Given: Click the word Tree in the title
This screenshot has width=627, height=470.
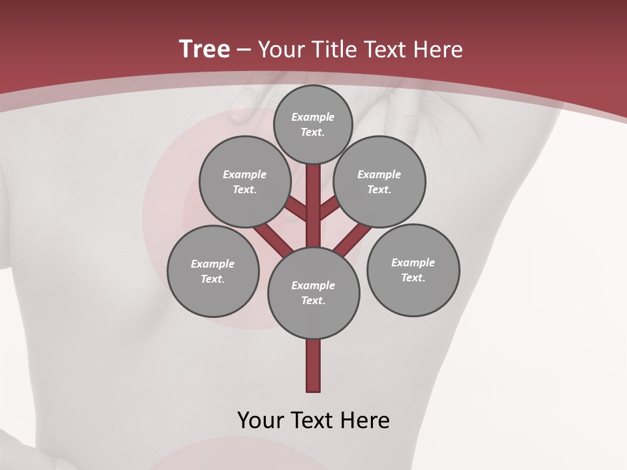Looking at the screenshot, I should (x=204, y=50).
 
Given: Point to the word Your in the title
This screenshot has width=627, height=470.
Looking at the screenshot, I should (x=279, y=50).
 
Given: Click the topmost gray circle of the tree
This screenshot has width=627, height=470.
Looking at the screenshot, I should (x=313, y=124).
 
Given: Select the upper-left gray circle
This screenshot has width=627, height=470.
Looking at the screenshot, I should (x=245, y=181).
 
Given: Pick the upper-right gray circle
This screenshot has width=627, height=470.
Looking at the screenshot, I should (x=379, y=181).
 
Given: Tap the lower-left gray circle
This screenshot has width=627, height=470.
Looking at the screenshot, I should (x=213, y=271).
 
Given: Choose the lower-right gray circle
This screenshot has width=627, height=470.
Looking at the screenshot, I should (x=413, y=270).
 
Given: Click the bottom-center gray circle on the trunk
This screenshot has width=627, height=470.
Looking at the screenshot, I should (x=313, y=292).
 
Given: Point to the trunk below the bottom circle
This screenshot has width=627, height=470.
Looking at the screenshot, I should (x=313, y=366).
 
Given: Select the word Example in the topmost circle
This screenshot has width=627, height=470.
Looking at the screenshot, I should (x=313, y=117).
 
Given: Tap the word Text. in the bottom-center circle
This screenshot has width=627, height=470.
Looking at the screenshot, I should (x=313, y=300).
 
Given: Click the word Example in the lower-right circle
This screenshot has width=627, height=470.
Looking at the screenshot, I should (x=413, y=262).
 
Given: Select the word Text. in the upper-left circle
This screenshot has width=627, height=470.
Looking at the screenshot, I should (x=245, y=189).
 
